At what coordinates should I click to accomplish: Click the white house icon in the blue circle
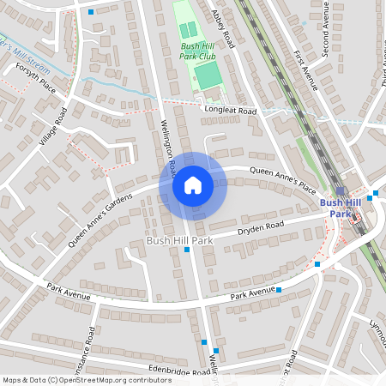pos(192,185)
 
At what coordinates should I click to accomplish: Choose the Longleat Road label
pos(230,111)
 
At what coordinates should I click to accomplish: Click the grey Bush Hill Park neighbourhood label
pos(178,241)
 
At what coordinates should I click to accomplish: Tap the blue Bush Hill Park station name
pos(335,208)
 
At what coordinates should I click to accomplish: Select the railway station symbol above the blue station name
pos(340,191)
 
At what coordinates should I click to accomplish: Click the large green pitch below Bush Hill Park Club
pos(207,74)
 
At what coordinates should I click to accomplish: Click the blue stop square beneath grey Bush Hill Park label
pos(187,249)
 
